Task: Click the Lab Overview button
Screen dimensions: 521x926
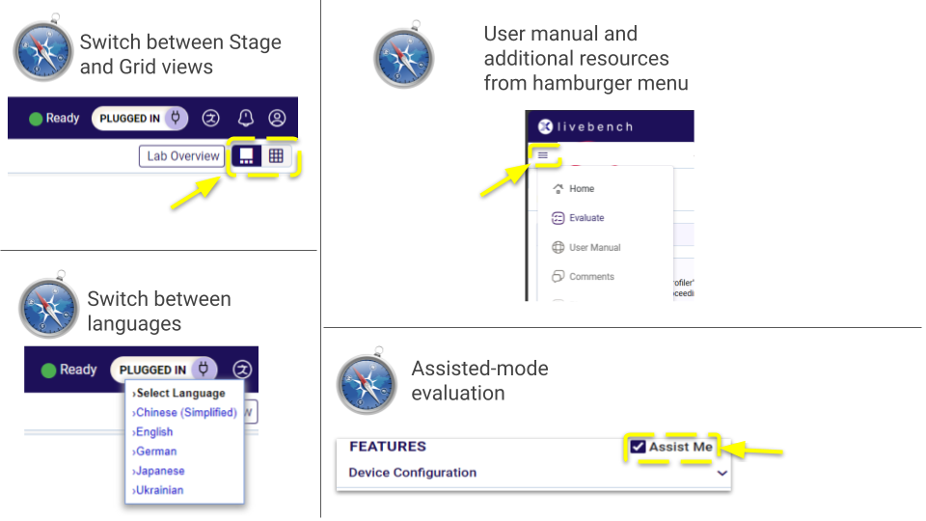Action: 182,155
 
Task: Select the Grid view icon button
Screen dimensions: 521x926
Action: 276,155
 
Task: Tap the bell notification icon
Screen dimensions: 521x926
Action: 246,118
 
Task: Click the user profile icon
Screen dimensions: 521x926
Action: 277,118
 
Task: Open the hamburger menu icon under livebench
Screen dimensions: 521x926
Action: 543,154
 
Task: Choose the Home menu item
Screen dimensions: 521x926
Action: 581,189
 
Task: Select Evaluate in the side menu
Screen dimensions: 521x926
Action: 586,218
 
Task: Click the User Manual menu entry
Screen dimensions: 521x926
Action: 594,248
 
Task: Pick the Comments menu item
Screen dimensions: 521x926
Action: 591,277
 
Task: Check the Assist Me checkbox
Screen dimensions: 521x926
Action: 639,447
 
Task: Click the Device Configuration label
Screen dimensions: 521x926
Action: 412,473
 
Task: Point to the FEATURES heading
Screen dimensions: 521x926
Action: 387,447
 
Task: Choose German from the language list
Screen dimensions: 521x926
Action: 155,452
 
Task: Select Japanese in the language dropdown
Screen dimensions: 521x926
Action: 159,471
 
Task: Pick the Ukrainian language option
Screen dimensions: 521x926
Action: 159,490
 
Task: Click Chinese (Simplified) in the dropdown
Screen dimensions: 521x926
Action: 185,413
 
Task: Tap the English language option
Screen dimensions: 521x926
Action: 154,432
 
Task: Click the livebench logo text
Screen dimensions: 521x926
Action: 598,126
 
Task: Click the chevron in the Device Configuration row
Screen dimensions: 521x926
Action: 722,473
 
